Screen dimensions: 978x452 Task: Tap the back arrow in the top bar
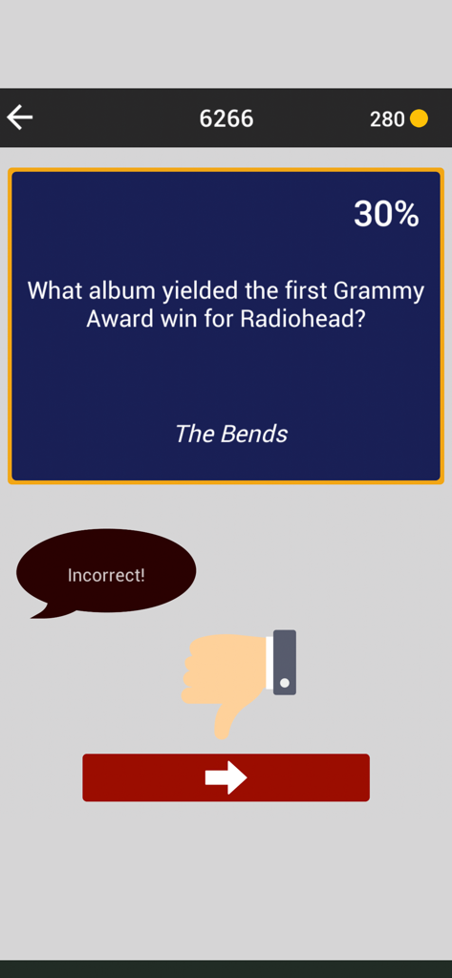20,117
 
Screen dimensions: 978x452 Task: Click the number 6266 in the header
226,118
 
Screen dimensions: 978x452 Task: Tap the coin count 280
387,119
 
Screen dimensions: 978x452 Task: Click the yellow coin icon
419,118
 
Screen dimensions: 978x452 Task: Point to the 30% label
386,215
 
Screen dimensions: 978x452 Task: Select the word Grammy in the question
377,290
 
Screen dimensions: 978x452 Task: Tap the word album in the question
118,290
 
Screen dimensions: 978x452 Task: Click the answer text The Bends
230,434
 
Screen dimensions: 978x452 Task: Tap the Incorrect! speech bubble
106,574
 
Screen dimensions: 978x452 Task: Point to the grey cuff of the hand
285,662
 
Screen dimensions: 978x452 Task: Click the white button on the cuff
285,684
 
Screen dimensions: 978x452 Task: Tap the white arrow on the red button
226,777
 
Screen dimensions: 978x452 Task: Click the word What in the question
55,290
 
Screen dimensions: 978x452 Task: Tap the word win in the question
180,318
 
